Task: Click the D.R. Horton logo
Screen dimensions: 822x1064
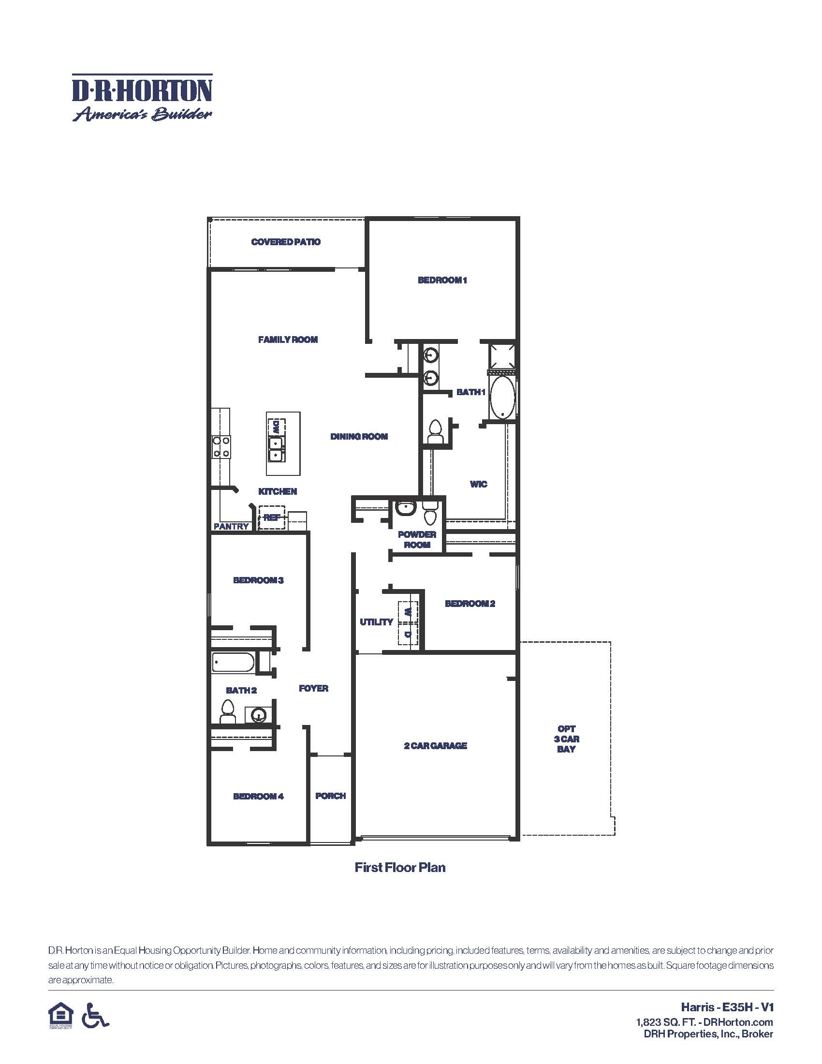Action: point(142,97)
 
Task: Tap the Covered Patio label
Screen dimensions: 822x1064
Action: point(286,242)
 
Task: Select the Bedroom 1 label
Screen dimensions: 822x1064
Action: point(442,280)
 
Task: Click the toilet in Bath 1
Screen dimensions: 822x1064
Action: point(435,431)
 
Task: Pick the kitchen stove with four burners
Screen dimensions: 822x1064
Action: point(221,447)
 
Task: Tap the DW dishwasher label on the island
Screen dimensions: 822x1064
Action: point(277,427)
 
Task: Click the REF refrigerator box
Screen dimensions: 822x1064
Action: point(272,517)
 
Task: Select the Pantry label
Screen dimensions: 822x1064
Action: point(231,526)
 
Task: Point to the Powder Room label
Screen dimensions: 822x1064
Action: point(417,539)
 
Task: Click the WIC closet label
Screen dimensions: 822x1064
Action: point(478,484)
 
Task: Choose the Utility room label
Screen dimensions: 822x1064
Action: point(376,621)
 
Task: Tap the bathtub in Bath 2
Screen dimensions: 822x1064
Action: point(233,663)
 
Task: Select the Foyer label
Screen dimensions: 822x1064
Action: point(314,688)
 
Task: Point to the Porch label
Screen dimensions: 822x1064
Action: point(331,796)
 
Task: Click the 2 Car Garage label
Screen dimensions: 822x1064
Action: point(435,745)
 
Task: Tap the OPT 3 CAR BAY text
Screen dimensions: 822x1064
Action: point(566,739)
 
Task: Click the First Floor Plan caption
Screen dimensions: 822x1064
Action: point(400,868)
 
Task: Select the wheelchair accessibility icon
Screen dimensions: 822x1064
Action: point(95,1016)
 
